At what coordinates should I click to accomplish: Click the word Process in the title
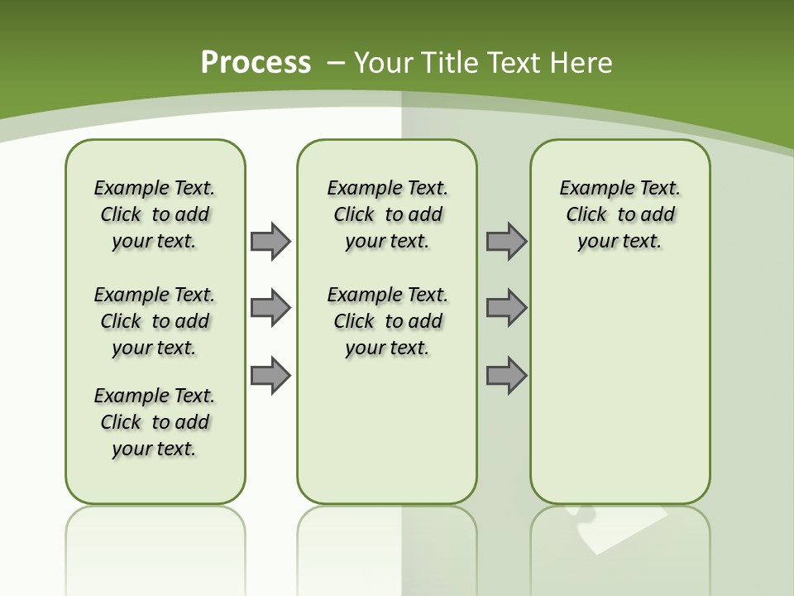point(256,63)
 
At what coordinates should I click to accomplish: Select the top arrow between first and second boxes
point(270,241)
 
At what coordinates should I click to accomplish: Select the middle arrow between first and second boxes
point(270,308)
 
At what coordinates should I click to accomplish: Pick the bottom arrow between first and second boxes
point(270,375)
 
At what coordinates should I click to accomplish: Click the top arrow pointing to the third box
point(506,241)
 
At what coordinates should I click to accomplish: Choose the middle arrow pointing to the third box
point(506,308)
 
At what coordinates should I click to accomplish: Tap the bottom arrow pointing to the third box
point(506,375)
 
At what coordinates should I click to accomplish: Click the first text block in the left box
point(155,214)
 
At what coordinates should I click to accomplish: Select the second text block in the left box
point(155,321)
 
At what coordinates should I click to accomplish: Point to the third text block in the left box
point(155,422)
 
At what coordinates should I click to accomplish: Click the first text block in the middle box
point(388,214)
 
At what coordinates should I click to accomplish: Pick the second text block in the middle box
point(388,321)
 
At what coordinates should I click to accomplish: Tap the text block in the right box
point(620,214)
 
